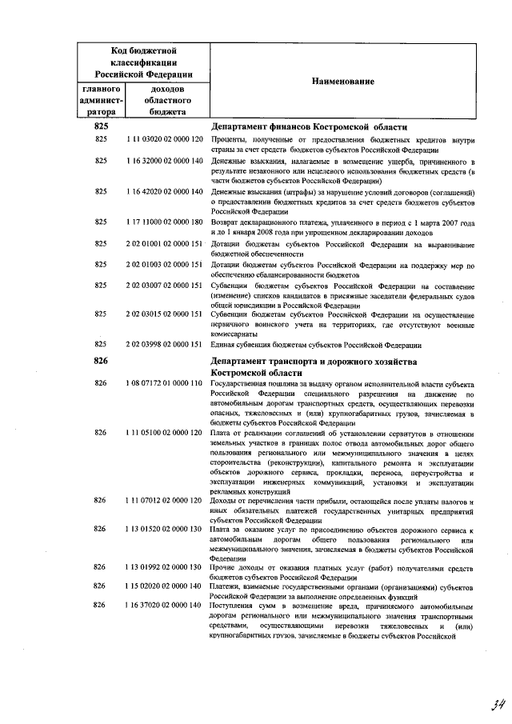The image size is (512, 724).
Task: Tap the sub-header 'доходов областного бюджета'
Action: point(164,101)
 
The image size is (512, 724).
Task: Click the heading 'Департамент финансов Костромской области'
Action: point(309,127)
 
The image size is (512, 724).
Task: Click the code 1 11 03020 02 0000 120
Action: point(164,140)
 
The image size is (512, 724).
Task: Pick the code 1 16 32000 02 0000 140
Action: point(164,161)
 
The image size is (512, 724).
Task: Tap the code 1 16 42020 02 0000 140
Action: point(164,192)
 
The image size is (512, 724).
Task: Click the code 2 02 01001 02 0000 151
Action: point(164,243)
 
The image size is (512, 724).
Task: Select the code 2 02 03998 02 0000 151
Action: point(164,345)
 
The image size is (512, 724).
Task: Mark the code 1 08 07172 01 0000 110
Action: point(164,384)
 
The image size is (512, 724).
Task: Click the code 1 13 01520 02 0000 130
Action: point(164,530)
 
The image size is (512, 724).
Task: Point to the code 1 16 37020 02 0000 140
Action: point(164,605)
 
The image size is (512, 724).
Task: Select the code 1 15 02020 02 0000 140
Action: point(164,586)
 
